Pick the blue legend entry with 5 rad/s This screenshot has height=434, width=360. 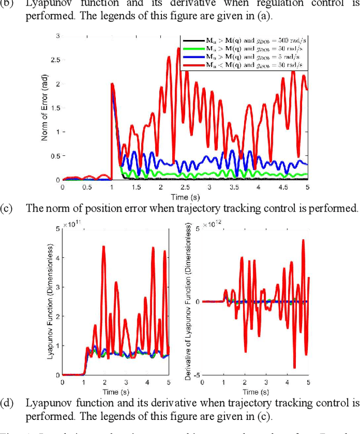[x=243, y=57]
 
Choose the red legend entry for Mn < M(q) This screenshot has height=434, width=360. [x=243, y=65]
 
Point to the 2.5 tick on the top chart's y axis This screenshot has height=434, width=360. [x=56, y=60]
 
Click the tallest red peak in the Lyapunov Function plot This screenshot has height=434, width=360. [x=103, y=246]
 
